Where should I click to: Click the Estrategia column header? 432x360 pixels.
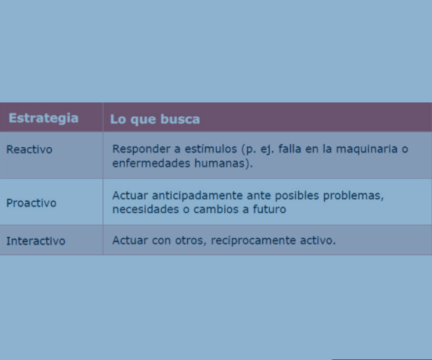43,118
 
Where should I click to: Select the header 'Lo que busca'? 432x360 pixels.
155,120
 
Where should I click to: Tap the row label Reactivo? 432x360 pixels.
30,150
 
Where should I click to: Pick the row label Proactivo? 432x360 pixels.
32,203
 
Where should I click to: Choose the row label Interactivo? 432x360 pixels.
36,241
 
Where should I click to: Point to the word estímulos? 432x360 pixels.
211,149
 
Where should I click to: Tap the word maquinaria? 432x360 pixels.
366,149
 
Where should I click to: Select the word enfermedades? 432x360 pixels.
151,163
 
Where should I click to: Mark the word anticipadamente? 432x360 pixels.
197,196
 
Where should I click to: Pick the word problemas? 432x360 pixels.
354,196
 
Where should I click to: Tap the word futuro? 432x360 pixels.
269,210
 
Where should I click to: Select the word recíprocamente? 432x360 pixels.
253,240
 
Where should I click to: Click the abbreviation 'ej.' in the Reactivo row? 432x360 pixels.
266,150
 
